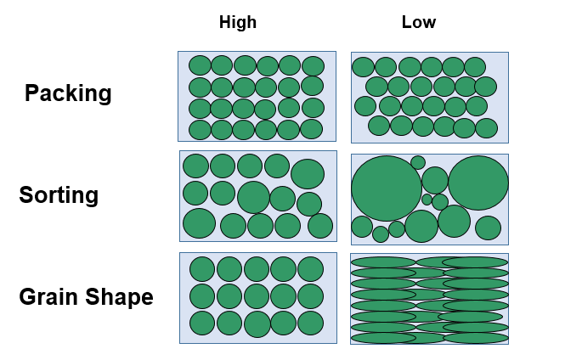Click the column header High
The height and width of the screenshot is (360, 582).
coord(237,23)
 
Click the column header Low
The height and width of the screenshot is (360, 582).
coord(418,23)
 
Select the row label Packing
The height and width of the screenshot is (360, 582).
coord(68,93)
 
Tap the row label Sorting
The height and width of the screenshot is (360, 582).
coord(59,195)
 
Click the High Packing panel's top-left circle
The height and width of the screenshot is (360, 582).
coord(200,65)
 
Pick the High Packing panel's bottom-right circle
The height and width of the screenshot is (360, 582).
coord(312,129)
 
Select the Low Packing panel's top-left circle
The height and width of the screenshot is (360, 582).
coord(363,67)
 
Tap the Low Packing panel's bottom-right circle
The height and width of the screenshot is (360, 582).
coord(486,128)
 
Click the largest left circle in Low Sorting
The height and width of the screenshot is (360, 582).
coord(387,188)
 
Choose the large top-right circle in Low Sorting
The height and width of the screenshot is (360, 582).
coord(478,183)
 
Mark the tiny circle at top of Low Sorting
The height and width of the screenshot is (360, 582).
coord(418,162)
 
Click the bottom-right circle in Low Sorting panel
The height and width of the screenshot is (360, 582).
coord(488,228)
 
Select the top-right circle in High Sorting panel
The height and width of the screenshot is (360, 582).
coord(307,173)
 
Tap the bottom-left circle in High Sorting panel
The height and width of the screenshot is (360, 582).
coord(199,223)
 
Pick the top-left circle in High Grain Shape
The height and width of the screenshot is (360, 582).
coord(202,269)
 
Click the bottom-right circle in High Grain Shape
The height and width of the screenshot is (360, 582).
coord(310,323)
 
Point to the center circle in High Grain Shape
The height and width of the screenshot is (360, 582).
coord(257,296)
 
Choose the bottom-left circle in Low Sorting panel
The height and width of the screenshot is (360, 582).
coord(362,227)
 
